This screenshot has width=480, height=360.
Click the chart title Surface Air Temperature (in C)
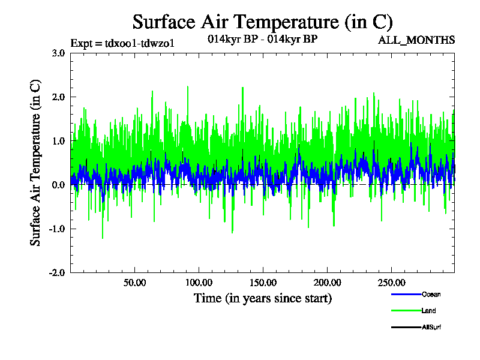click(262, 22)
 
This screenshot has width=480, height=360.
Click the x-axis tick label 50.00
click(134, 283)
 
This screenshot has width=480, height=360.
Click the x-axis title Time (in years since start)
click(262, 298)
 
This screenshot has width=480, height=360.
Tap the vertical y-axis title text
click(37, 162)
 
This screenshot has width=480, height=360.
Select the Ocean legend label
click(431, 295)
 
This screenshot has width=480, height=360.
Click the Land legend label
click(428, 311)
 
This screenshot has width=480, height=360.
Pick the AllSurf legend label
click(431, 327)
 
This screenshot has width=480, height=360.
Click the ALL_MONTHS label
click(416, 40)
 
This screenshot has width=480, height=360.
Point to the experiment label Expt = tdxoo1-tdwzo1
click(122, 43)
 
